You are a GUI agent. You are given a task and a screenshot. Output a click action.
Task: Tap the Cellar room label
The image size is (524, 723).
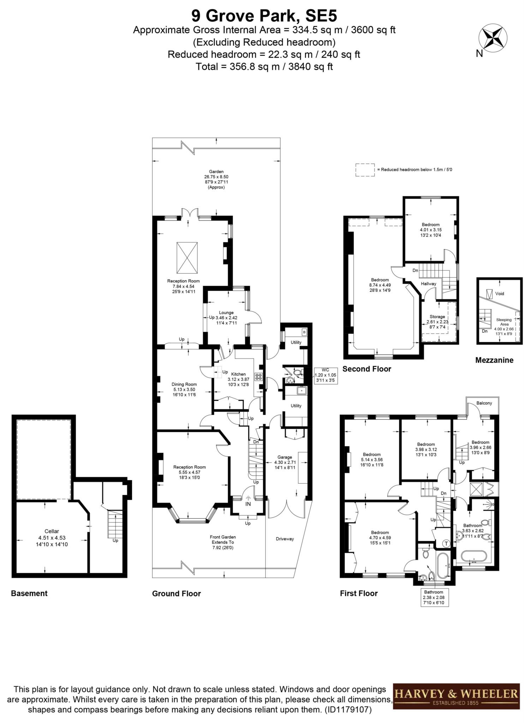point(52,531)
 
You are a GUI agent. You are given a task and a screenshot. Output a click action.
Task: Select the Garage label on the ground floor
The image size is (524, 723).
point(285,457)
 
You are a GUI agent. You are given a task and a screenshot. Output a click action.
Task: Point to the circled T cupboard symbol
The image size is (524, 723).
point(446,544)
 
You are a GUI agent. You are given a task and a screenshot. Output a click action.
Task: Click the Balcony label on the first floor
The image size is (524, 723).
point(484,403)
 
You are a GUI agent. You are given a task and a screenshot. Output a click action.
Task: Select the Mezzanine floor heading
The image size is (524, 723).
point(494,360)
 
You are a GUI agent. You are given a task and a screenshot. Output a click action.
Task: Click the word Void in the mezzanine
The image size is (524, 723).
point(500,293)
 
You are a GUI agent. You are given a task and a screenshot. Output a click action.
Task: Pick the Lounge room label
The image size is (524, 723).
point(226,312)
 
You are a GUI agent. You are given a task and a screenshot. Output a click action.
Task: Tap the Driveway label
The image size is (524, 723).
point(285,539)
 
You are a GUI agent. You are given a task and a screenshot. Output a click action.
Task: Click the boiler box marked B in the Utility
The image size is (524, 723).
point(304,332)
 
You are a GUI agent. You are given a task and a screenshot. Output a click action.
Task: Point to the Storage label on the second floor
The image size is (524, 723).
point(437,317)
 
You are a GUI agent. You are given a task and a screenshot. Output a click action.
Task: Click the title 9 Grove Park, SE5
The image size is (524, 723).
point(264,16)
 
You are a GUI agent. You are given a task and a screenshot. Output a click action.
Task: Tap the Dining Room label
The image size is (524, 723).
point(184,384)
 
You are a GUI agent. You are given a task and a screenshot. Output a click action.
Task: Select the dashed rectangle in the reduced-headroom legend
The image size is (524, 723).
point(365,169)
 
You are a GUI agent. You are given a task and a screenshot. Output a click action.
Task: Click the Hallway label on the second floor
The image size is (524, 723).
point(428,283)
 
